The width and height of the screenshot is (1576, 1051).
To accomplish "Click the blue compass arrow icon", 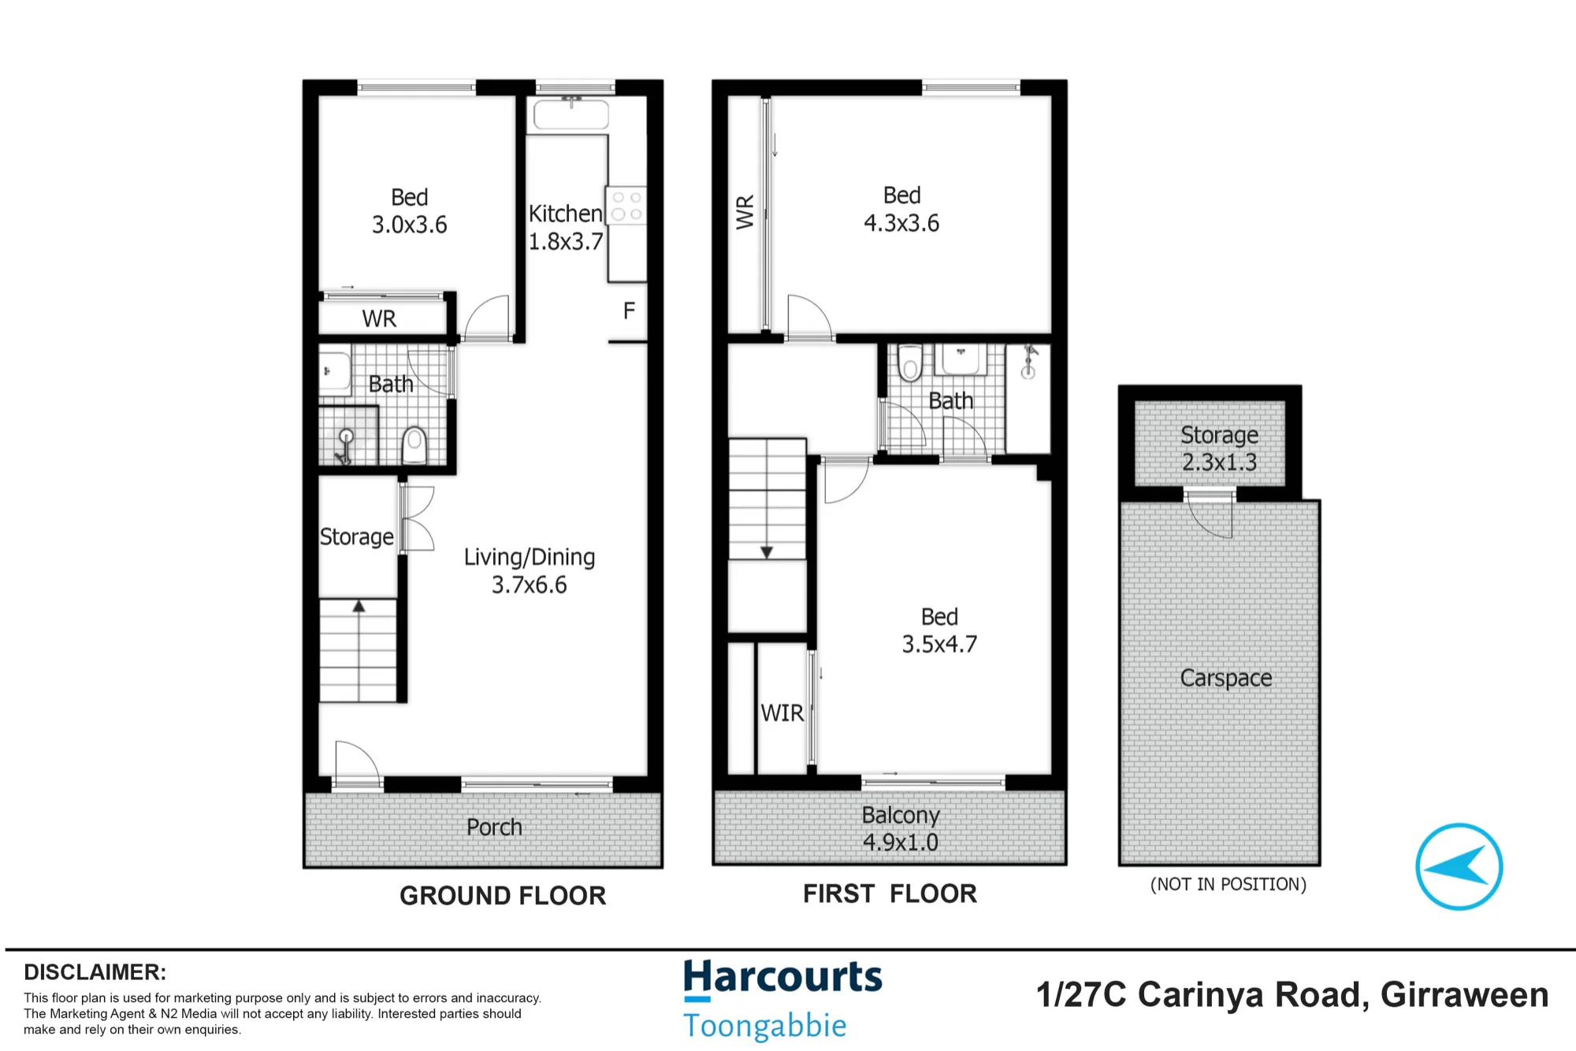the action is coord(1459,867).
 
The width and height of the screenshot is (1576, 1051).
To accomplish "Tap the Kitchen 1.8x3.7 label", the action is coord(566,227).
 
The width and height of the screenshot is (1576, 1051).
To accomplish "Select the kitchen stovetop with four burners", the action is coord(626,205).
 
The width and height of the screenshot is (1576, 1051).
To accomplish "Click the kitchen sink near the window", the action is coord(571,114).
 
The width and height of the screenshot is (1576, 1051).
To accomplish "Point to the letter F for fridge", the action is coord(629,310).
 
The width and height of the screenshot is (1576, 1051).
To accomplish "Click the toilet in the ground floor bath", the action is coord(414,445).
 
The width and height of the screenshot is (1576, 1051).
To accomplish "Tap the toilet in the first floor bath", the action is coord(910,362).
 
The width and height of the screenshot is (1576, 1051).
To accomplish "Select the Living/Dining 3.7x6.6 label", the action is coord(530,570).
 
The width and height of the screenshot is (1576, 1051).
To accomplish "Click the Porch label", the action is coord(494,827).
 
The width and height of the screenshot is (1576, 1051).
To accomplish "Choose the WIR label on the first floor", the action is coord(782,713).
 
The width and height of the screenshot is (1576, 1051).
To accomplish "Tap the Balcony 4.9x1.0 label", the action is coord(901,828).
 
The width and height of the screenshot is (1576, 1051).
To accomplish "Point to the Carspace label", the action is coord(1226,678).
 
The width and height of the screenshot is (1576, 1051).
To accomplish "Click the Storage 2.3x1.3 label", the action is coord(1220,448).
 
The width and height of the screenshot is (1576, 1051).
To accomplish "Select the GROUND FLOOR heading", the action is coord(503,896).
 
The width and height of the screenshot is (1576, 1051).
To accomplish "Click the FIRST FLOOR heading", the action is coord(890,893).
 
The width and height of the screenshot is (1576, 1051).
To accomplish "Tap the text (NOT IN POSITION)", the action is coord(1228,884).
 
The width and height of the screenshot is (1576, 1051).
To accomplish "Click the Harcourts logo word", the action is coord(782,978).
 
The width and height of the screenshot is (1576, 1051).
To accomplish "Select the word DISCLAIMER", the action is coord(95,972).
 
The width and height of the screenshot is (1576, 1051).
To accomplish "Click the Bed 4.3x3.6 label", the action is coord(901,209).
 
